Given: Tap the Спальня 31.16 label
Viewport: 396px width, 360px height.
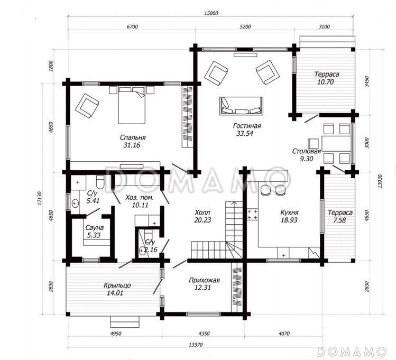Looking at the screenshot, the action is point(133,141).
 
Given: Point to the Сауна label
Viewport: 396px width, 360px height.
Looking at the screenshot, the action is point(95,228).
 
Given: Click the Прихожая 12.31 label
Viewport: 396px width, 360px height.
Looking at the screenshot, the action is point(204,284).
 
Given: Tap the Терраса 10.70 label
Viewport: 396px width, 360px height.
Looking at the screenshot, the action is point(327,78).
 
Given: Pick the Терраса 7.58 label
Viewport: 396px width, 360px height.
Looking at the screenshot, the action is point(340,216).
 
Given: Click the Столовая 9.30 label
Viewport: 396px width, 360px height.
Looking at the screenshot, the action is point(306,155).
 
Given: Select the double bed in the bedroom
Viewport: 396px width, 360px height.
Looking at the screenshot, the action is point(132,105).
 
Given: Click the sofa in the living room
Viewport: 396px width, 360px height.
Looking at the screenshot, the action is point(241,106).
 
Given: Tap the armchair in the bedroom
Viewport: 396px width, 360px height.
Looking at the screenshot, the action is point(87,106).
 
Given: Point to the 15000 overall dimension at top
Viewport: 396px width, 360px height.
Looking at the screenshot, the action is point(211,13).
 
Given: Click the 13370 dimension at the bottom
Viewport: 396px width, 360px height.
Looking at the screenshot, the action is point(196,345).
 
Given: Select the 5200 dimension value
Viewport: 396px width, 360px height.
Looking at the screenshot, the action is point(245,26).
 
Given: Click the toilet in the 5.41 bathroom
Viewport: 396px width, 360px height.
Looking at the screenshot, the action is point(100,182).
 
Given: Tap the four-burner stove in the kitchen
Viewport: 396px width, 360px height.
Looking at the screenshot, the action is point(252,214).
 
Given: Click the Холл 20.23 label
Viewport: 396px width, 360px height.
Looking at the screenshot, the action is point(202,216).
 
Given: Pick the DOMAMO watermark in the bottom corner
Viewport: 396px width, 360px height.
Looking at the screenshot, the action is point(351,352).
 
